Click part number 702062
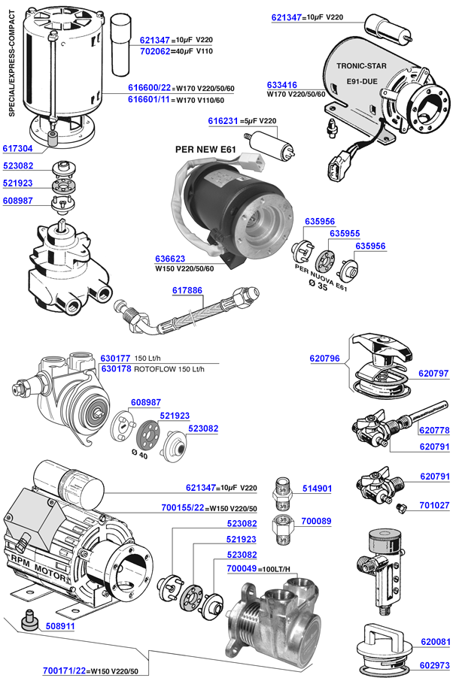click(x=155, y=50)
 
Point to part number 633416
click(x=282, y=85)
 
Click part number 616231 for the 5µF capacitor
click(x=223, y=121)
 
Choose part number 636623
click(x=171, y=259)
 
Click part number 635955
click(x=345, y=234)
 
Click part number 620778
click(x=434, y=430)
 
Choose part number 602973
click(x=434, y=664)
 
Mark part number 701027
click(x=434, y=506)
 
